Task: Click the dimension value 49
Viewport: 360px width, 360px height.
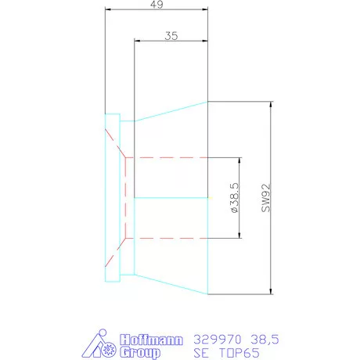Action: pos(157,5)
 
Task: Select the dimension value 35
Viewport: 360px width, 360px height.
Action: pos(171,36)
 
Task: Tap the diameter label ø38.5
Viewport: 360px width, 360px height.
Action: pos(235,198)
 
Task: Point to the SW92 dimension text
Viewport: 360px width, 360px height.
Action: pos(266,198)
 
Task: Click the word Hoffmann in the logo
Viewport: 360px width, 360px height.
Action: pos(151,340)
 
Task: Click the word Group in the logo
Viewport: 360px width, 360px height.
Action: pos(140,352)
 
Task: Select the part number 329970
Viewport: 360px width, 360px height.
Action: pos(218,340)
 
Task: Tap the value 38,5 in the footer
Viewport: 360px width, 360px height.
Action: pos(265,340)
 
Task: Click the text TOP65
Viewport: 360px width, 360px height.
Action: pos(239,353)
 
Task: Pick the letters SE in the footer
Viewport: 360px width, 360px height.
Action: pos(201,353)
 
